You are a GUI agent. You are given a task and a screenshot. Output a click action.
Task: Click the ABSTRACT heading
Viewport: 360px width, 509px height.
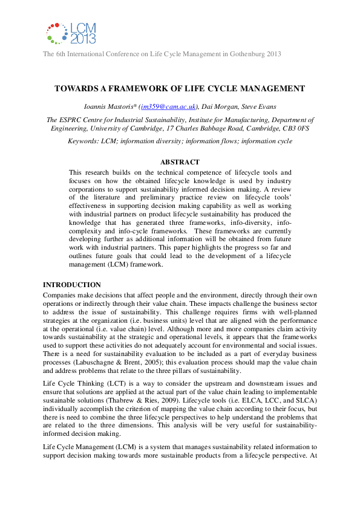pyautogui.click(x=179, y=162)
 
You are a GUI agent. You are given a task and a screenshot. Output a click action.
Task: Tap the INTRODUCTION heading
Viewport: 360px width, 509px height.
pyautogui.click(x=71, y=285)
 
